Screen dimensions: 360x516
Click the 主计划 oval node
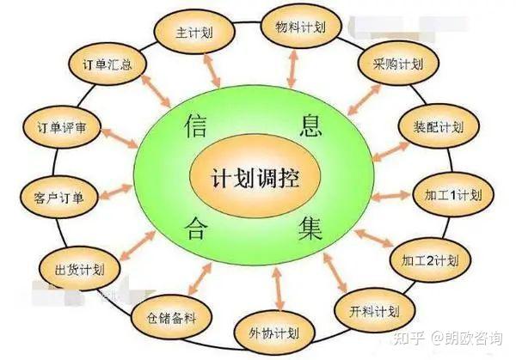tap(193, 34)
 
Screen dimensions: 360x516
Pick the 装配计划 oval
tap(433, 127)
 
